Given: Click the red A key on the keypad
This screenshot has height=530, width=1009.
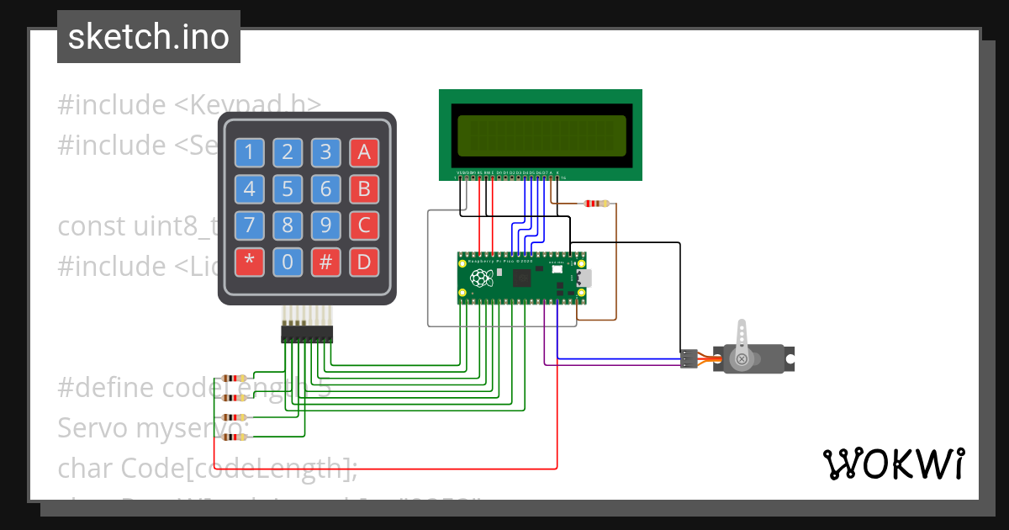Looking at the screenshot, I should pos(363,152).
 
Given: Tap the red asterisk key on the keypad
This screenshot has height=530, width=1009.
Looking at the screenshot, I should pos(249,262).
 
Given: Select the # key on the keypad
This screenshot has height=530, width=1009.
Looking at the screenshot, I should pos(325,262).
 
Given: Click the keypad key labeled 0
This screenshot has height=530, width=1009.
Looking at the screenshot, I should pos(288,262).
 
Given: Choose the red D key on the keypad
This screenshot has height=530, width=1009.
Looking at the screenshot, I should pos(363,262).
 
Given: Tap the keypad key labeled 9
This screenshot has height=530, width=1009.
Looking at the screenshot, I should pos(325,225).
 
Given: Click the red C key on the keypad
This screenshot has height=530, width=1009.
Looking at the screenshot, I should pos(363,225).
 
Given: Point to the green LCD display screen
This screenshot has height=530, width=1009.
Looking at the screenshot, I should pos(541,135).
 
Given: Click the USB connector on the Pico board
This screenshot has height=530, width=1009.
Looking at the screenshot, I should pos(584,278).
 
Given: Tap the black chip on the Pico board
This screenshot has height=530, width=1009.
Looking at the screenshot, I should pos(523,278).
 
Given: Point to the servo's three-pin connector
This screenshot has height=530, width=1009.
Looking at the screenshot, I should pos(689,358).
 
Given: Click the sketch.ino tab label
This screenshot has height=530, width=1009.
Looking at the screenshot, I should pos(149,37).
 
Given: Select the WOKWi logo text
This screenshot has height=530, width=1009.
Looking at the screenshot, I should pos(893,464).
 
